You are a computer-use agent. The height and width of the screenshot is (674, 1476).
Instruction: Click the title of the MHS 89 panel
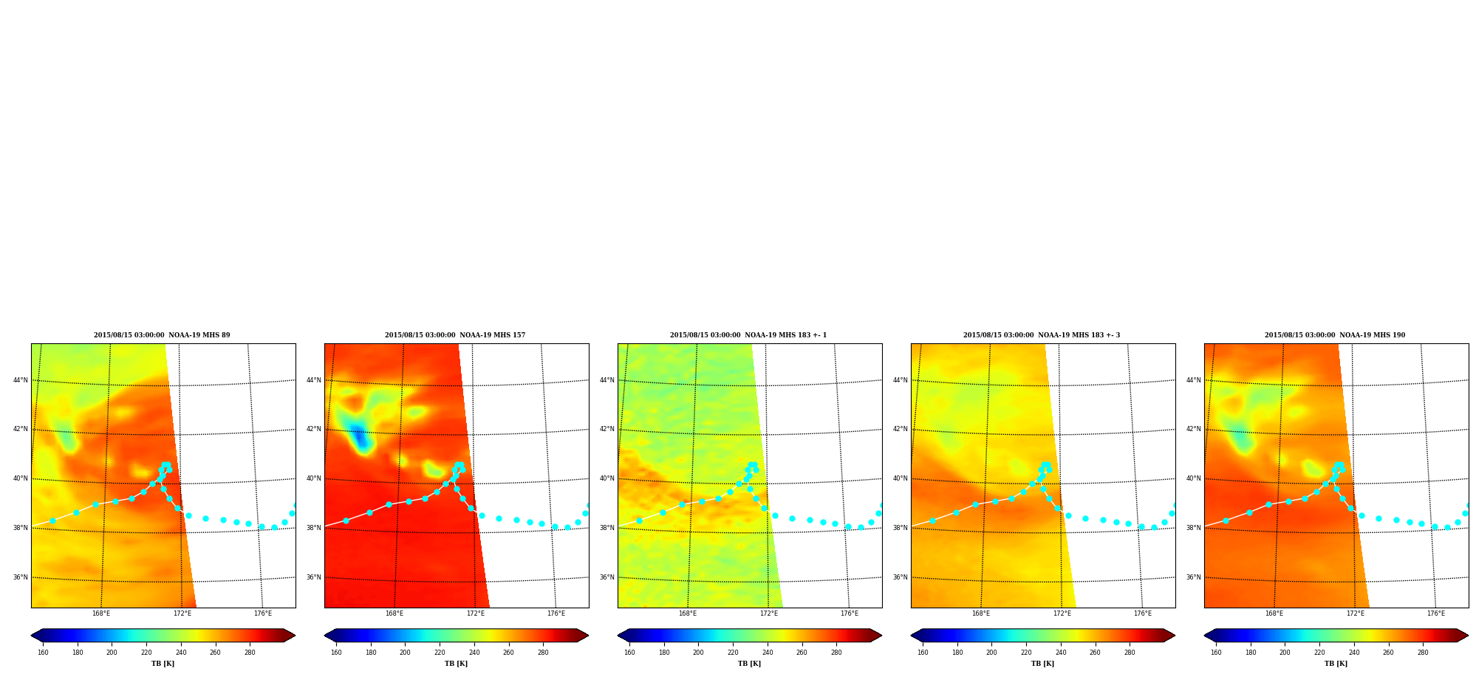coord(162,335)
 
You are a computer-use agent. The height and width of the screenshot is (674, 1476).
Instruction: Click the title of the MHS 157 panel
coord(455,335)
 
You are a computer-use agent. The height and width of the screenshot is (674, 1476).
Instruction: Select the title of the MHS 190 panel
coord(1335,335)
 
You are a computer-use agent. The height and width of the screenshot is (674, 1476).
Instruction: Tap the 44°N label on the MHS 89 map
coord(21,380)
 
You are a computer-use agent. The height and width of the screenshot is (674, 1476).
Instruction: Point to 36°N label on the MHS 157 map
coord(314,577)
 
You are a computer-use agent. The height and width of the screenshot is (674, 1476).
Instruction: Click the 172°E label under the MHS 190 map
coord(1356,613)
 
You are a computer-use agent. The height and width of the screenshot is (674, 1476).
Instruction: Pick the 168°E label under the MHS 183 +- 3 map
coord(981,613)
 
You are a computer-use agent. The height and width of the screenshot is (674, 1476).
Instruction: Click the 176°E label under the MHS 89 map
coord(263,613)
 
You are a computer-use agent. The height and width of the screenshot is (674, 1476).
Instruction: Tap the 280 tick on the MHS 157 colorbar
coord(543,653)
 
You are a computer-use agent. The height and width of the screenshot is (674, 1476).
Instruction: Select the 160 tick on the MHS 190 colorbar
coord(1216,653)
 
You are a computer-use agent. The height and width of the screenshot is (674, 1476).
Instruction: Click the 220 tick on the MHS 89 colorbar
coord(146,653)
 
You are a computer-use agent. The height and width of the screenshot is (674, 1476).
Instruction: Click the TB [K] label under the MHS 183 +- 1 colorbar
coord(750,664)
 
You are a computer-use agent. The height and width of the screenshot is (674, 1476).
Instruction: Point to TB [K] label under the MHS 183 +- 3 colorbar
coord(1043,664)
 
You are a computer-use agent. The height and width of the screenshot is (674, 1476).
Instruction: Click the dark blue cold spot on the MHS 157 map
coord(360,437)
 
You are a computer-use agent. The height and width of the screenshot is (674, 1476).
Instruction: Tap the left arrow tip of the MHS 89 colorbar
coord(31,636)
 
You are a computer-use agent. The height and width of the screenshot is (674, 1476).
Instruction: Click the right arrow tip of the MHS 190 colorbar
coord(1469,636)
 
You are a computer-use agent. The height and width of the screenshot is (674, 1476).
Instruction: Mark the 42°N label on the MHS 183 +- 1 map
coord(607,429)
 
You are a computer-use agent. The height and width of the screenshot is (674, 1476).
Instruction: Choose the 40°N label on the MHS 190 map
coord(1194,478)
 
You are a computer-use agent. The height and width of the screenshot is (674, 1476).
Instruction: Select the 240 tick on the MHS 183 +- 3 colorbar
coord(1061,653)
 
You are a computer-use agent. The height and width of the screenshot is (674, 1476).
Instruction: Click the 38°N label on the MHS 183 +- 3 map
coord(901,528)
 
